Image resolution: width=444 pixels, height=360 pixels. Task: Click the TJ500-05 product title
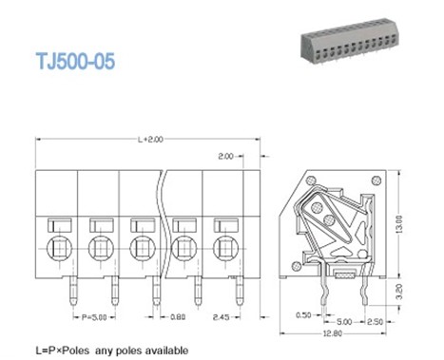[75, 61]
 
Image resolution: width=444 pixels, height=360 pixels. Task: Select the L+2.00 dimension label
[150, 140]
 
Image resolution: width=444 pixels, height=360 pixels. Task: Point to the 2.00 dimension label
[225, 156]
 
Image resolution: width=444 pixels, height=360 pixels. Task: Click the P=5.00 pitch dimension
[94, 317]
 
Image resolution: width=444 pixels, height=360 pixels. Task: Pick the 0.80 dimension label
[178, 317]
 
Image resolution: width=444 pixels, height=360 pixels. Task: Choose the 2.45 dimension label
[222, 317]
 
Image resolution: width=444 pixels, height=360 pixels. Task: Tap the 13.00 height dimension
[399, 224]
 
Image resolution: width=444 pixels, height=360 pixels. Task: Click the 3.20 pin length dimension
[399, 292]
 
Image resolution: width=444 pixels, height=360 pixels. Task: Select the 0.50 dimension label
[303, 315]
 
